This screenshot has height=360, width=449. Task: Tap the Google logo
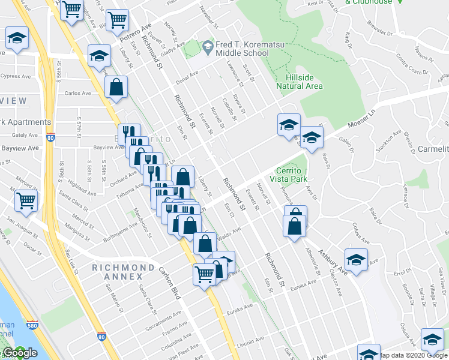tap(20, 353)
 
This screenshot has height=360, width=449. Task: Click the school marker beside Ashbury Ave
tap(356, 260)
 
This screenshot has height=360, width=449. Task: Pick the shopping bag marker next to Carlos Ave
tap(116, 88)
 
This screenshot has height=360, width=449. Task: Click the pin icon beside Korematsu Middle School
tap(208, 46)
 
